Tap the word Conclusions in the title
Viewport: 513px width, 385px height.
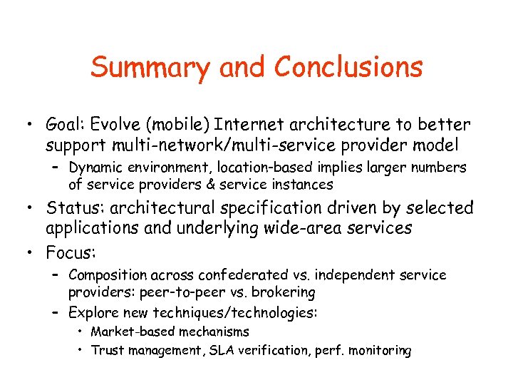[348, 68]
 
